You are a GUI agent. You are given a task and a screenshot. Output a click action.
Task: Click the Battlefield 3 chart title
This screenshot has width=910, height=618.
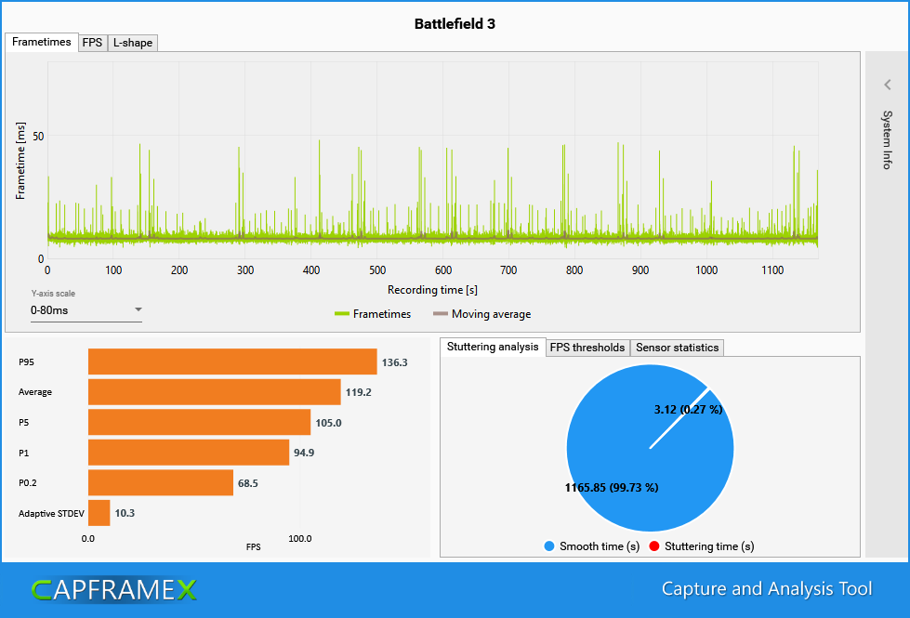tap(455, 24)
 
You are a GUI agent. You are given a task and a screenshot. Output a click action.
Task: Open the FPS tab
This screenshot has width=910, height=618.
tap(92, 43)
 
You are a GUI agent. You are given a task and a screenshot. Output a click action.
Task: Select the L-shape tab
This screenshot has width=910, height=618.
tap(133, 43)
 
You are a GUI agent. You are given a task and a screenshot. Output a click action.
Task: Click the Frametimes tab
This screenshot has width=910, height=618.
tap(42, 42)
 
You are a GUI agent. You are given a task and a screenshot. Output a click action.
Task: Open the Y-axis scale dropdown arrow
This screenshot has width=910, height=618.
tap(138, 309)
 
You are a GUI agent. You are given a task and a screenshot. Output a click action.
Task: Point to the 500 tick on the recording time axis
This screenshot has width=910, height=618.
tap(377, 270)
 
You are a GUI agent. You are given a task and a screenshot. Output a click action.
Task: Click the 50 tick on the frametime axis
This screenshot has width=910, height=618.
tap(38, 137)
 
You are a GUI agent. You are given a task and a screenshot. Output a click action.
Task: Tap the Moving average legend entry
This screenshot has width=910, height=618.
tap(481, 314)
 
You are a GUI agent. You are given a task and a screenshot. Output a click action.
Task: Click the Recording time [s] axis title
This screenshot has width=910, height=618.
tap(432, 290)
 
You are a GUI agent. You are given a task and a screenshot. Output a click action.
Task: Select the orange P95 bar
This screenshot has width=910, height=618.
tap(232, 362)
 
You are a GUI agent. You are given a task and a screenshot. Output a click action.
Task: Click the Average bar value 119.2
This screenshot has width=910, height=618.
tap(359, 392)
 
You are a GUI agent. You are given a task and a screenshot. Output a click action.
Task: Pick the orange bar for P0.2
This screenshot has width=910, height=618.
tap(161, 483)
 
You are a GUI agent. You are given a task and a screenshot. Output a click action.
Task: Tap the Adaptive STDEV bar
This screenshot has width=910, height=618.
tap(99, 513)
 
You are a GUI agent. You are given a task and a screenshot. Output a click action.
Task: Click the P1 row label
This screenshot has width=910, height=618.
tap(24, 453)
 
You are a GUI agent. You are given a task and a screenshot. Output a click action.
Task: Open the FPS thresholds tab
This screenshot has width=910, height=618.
tap(587, 347)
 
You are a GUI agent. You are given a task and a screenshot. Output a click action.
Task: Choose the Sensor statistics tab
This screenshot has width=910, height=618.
tap(678, 347)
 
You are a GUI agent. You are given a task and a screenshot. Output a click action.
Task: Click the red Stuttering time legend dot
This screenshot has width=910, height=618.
tap(654, 546)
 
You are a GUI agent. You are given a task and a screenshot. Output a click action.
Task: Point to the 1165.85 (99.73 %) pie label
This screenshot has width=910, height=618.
tap(612, 488)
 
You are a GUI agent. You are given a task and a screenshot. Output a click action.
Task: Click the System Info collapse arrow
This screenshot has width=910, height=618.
tap(888, 85)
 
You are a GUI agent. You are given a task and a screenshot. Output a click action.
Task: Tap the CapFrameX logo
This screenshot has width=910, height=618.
tap(114, 590)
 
